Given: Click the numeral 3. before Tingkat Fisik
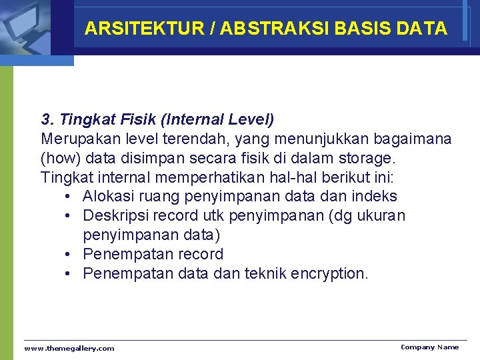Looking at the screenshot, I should click(x=47, y=120).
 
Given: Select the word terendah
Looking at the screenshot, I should click(x=186, y=139).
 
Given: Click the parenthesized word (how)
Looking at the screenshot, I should click(x=59, y=159).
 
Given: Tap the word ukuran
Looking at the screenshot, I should click(x=381, y=216).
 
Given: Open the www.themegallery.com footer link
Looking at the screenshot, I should click(x=69, y=348).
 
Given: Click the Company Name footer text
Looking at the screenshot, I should click(x=429, y=347).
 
